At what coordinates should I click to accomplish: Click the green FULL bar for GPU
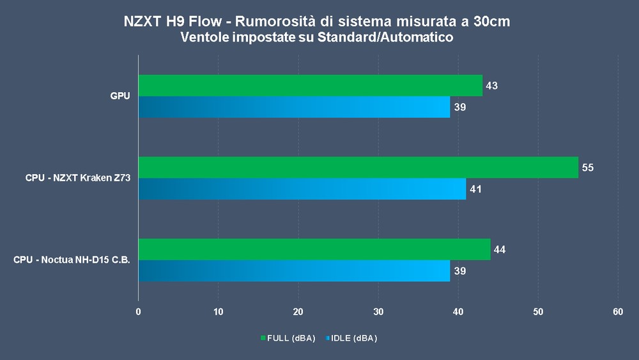310,85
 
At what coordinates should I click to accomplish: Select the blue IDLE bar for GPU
294,107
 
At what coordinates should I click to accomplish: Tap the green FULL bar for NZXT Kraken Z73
358,167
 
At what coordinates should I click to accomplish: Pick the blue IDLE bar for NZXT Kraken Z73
302,189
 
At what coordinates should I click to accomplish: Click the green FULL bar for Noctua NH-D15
314,249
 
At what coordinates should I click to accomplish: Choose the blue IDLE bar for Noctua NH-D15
294,270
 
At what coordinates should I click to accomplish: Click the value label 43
491,86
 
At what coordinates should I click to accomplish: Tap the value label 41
476,189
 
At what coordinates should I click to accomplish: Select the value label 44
500,249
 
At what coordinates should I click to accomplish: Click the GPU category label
119,97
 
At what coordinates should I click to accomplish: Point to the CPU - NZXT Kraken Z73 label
78,178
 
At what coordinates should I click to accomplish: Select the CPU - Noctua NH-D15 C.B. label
72,260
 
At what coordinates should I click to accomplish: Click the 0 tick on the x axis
139,312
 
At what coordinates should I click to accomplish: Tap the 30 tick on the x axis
378,312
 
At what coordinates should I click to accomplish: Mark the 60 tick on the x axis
617,312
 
